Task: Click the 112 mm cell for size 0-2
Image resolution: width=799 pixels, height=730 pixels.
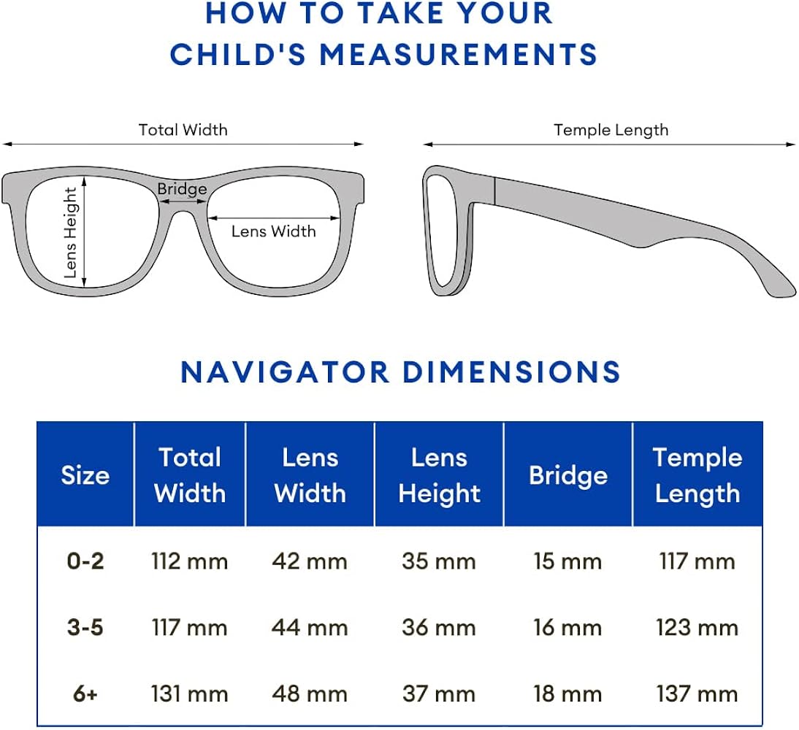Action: (x=189, y=561)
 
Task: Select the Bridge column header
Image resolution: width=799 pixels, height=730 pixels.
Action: (x=567, y=475)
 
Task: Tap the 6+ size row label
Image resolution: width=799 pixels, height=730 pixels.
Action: (x=85, y=694)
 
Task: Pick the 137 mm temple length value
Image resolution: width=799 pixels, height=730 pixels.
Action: (x=697, y=694)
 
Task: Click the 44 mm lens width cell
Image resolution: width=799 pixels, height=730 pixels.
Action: (x=310, y=628)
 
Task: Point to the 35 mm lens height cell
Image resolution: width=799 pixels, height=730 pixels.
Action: (x=438, y=561)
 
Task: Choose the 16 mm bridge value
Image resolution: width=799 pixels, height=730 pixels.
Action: (x=567, y=628)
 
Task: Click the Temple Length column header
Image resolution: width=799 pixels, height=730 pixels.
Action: (x=697, y=475)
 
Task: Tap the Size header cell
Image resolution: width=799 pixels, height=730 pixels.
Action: (x=85, y=475)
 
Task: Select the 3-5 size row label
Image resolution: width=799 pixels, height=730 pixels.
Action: (x=85, y=628)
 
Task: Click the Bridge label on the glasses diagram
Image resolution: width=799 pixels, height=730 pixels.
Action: (x=182, y=190)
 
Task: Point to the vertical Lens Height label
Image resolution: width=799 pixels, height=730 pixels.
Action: (x=71, y=233)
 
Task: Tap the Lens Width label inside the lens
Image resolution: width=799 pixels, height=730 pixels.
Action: (x=273, y=231)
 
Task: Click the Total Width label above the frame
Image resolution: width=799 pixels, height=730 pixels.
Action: (x=183, y=130)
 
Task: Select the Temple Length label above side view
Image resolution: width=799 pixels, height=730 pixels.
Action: (x=611, y=130)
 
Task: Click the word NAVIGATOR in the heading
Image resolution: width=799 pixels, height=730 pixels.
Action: (x=285, y=372)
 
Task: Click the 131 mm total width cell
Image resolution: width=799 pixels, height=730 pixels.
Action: (x=189, y=694)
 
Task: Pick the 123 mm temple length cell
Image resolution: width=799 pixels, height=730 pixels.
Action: (x=697, y=628)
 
